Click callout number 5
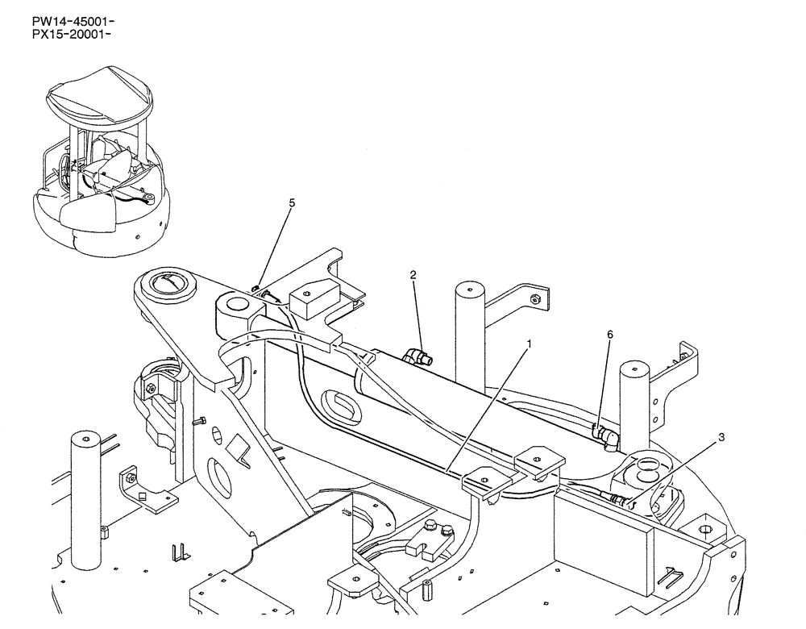coord(292,203)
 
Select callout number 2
coord(413,275)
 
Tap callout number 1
coord(528,343)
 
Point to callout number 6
coord(609,332)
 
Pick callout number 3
coord(721,437)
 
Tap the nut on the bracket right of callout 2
coord(534,301)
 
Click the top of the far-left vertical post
coord(85,438)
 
